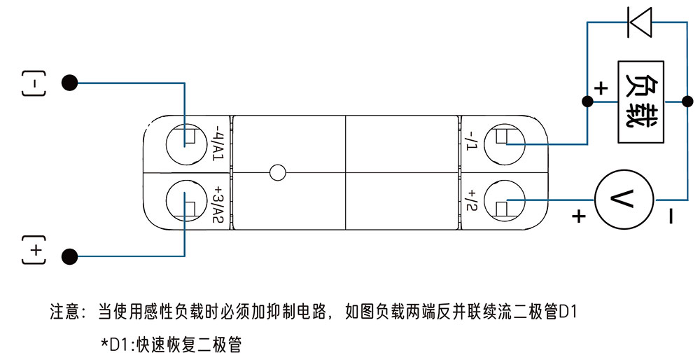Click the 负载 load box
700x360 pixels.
click(640, 102)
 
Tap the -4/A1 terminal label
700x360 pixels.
click(218, 144)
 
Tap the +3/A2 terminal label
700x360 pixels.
click(218, 205)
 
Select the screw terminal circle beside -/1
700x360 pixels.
click(505, 143)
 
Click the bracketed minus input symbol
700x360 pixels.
click(33, 83)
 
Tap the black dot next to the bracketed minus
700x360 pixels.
click(69, 83)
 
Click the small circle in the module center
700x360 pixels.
click(278, 172)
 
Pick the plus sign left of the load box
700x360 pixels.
click(601, 88)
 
